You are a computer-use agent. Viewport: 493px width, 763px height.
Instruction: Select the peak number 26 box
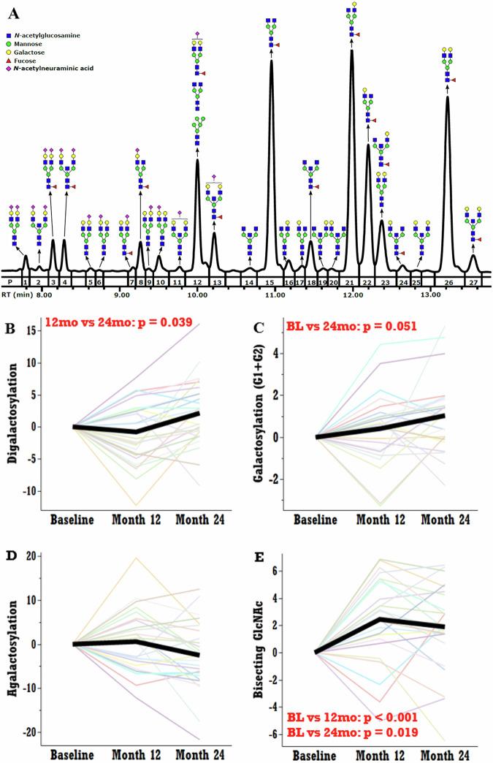pyautogui.click(x=448, y=281)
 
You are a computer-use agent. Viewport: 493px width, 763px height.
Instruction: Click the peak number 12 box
pyautogui.click(x=197, y=281)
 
